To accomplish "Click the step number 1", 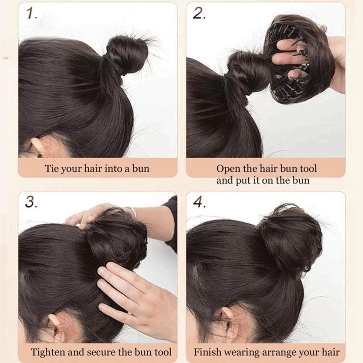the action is [x=31, y=14].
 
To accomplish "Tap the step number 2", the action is [x=199, y=14].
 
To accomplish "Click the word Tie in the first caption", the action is [x=50, y=168].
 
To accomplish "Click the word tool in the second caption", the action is [x=308, y=168].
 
